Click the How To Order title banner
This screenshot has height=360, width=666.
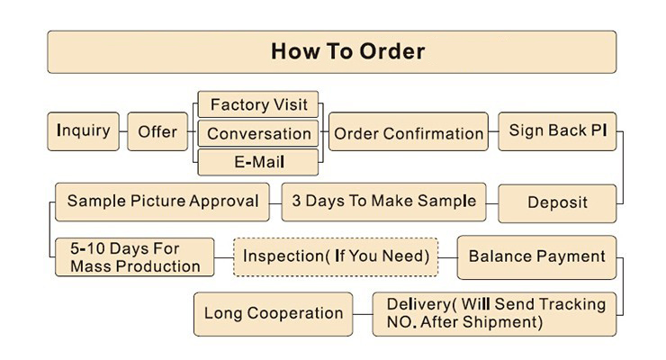[x=332, y=52]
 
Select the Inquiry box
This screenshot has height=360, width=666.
[x=83, y=131]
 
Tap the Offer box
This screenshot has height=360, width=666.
[x=157, y=131]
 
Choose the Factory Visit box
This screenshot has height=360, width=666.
[x=258, y=104]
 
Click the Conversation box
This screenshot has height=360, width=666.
[x=258, y=133]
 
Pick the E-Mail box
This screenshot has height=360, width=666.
[x=258, y=162]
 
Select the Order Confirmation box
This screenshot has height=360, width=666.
[x=409, y=131]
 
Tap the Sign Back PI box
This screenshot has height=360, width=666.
[x=557, y=131]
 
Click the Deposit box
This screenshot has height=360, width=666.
[x=557, y=203]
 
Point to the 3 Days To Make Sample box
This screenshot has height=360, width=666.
[x=384, y=202]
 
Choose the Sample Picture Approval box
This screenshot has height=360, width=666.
[x=162, y=202]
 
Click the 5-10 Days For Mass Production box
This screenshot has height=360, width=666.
[x=135, y=257]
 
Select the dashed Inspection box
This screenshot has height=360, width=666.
[x=336, y=257]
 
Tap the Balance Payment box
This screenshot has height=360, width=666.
[x=537, y=257]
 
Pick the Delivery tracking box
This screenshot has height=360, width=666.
[x=494, y=314]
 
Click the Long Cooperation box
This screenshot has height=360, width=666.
[x=273, y=314]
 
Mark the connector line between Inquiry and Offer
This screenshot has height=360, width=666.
[x=123, y=131]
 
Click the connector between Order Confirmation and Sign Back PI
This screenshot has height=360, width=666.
[x=493, y=131]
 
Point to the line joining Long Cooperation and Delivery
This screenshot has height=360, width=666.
[x=363, y=314]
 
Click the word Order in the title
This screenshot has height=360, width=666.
[x=392, y=51]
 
